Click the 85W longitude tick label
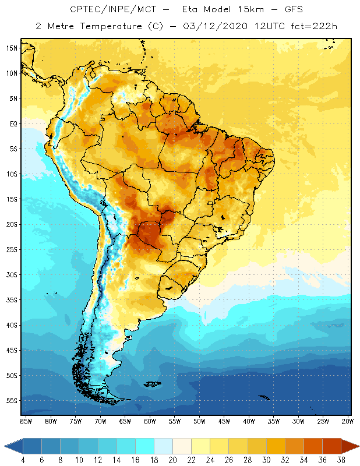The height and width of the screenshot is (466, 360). point(26,421)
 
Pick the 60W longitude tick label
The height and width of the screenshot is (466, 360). point(150,421)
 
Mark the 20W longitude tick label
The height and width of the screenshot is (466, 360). point(347,421)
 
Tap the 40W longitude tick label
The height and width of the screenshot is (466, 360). point(249,421)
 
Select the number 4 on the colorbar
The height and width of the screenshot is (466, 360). point(24,461)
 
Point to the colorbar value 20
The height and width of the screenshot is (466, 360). point(173,461)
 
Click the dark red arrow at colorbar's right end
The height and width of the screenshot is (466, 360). point(350,447)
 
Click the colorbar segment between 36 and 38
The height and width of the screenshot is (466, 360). point(332,447)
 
